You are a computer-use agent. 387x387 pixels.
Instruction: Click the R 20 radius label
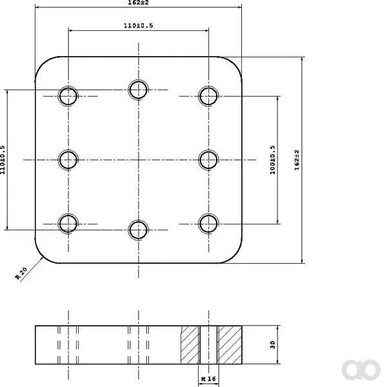click(x=21, y=273)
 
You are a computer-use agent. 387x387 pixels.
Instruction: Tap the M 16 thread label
click(x=208, y=379)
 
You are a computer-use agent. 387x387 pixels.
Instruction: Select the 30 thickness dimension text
click(x=272, y=344)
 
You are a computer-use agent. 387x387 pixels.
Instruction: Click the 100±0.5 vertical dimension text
click(x=272, y=160)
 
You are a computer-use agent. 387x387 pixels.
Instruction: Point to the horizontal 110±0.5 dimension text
click(x=138, y=25)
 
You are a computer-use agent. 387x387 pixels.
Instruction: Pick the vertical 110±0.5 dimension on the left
click(x=2, y=160)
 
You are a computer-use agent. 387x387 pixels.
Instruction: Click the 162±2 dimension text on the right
click(x=297, y=160)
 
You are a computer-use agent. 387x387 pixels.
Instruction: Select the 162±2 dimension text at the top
click(x=138, y=3)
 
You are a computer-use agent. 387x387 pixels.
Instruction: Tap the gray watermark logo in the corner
click(x=361, y=370)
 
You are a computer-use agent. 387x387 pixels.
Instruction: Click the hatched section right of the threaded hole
click(x=230, y=345)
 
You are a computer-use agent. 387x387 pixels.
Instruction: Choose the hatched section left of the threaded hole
click(x=190, y=345)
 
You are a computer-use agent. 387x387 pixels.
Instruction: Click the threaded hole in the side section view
click(x=208, y=345)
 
